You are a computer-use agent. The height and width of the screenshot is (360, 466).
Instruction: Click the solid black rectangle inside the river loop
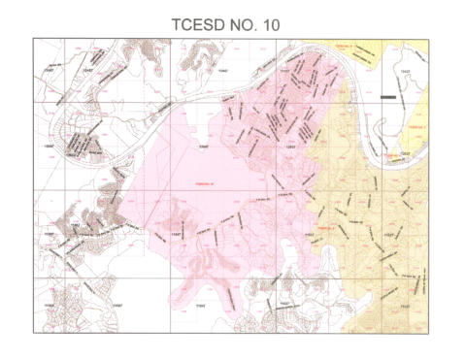[x=388, y=96]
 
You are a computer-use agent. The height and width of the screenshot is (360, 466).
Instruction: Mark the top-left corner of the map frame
[x=32, y=38]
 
